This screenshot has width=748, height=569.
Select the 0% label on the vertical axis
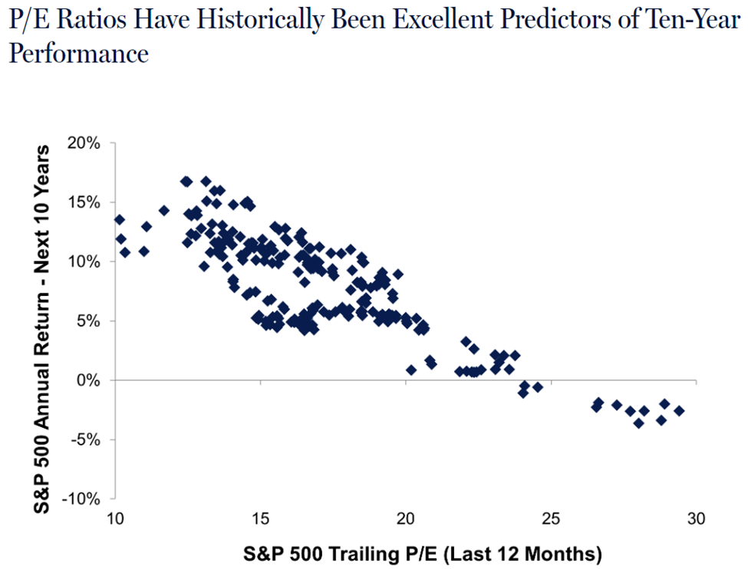point(97,381)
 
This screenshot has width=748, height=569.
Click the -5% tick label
point(94,440)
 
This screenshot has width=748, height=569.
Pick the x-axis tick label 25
point(550,518)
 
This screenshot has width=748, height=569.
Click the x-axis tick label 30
point(695,518)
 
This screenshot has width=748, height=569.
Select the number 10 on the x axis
point(116,518)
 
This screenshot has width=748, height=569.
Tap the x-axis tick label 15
point(261,518)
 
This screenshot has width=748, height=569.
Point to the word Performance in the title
point(77,54)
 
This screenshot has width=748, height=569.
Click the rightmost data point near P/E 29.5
point(679,411)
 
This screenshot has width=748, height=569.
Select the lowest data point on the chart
point(638,423)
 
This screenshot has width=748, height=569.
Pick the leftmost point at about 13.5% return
point(119,220)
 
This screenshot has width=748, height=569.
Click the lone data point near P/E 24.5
point(537,387)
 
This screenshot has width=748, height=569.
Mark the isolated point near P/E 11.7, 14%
point(163,210)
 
